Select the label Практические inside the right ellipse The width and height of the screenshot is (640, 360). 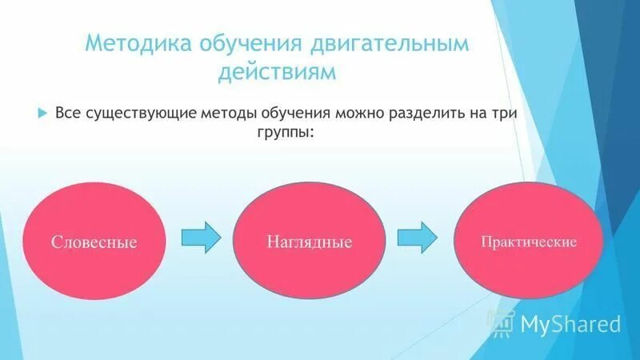click(528, 241)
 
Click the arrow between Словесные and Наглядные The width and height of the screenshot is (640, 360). click(200, 236)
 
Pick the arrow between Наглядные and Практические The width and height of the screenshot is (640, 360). click(418, 236)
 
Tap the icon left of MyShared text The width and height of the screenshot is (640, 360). click(502, 322)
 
